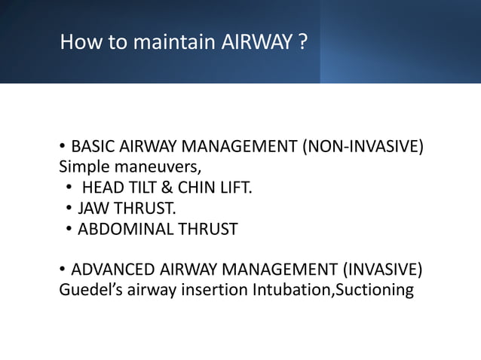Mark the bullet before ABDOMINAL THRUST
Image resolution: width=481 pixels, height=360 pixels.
[69, 230]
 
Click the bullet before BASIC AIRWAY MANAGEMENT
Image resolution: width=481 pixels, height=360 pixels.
[63, 145]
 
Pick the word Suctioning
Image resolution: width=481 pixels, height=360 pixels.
[374, 290]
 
